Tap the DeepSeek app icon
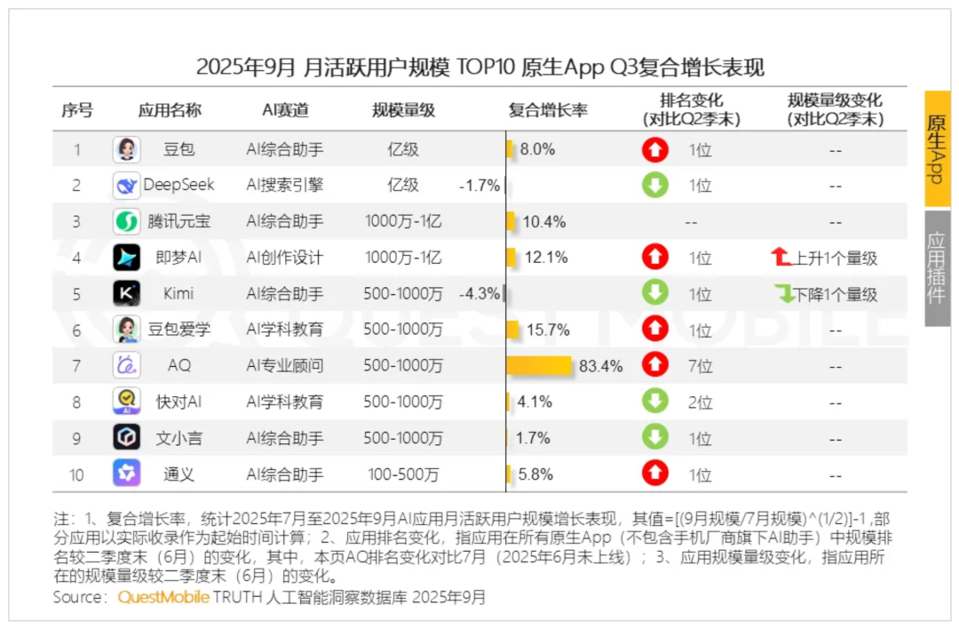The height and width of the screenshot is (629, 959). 126,186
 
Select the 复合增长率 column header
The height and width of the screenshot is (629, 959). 548,110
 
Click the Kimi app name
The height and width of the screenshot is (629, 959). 178,293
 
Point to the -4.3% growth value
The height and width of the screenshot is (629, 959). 479,293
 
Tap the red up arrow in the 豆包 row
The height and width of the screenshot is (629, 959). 655,150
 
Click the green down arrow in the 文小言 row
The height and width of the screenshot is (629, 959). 655,438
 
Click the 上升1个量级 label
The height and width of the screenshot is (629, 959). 825,259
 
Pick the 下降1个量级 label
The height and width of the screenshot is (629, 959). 826,294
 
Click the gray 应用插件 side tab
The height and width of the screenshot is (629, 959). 937,267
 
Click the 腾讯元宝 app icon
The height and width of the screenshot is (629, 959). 126,221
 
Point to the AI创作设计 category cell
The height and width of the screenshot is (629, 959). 285,258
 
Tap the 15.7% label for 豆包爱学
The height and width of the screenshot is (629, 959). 548,330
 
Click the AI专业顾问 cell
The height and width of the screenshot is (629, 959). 285,365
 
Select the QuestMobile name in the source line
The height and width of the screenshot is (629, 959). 163,597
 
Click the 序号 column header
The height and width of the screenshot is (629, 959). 76,110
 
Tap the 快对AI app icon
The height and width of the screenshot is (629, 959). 126,402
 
